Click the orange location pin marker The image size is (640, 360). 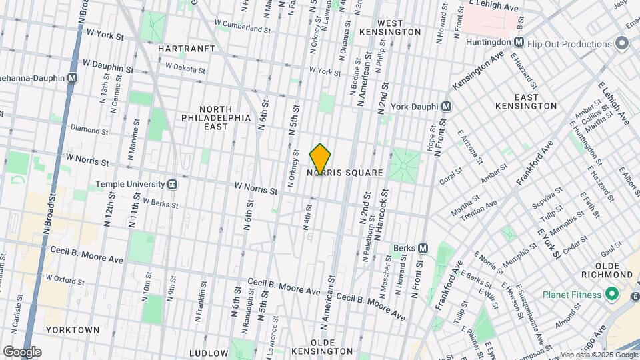pos(320,159)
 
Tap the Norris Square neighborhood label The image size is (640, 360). pos(345,173)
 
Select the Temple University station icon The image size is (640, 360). pos(172,184)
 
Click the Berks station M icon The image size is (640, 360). pos(423,248)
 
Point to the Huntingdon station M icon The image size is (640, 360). pos(518,42)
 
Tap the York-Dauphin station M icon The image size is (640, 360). pos(447,107)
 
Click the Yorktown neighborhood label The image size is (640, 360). pos(73,329)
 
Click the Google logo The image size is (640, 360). pos(22,351)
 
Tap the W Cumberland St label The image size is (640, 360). pos(242,29)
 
